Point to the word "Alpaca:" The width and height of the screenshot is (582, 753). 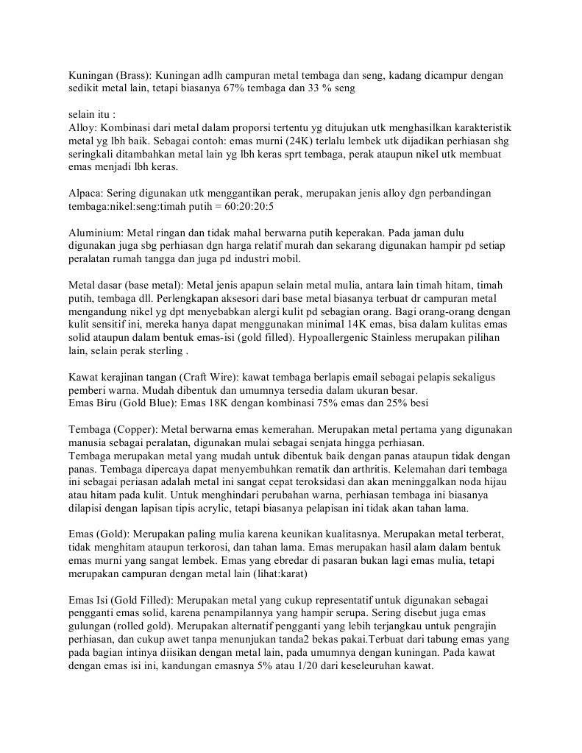[x=87, y=193]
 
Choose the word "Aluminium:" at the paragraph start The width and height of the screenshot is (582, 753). [x=96, y=233]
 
